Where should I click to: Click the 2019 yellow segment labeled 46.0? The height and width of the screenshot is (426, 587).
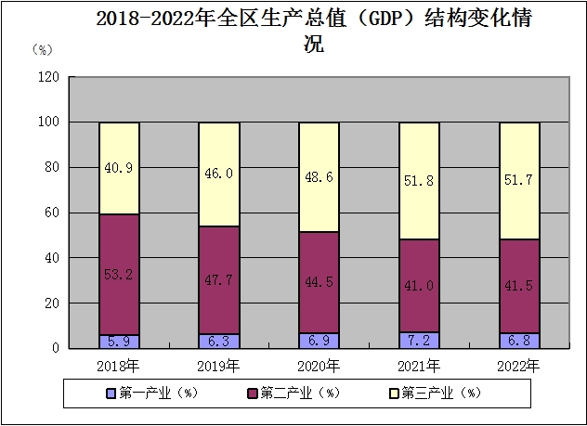pos(218,174)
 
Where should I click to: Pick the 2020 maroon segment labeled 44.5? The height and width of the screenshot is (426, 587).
pos(319,282)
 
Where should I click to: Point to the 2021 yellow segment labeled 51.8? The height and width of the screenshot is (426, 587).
pos(419,180)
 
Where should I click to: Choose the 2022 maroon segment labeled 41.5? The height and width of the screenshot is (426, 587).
pos(519,286)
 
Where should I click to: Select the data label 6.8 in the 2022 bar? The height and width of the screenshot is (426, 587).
pos(519,340)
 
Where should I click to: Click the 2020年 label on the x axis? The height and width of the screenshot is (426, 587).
pos(319,365)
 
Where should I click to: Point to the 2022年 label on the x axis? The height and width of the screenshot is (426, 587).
pos(519,365)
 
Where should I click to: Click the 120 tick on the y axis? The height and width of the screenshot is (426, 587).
pos(48,77)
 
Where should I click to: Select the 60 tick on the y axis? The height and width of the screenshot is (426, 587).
pos(52,213)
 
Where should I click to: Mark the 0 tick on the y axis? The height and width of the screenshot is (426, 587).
pos(56,348)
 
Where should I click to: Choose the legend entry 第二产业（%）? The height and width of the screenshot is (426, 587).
pos(291,393)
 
